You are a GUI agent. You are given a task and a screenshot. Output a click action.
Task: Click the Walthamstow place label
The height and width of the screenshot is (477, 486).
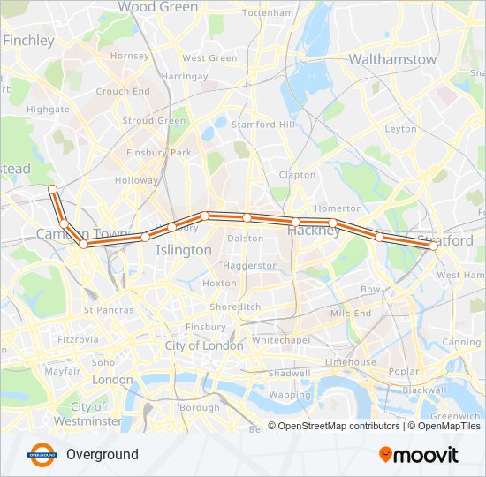[392, 59]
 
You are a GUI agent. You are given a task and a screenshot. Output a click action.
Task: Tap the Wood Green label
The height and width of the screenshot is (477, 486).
[158, 7]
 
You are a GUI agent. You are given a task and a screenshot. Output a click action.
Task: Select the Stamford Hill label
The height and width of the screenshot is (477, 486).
[262, 125]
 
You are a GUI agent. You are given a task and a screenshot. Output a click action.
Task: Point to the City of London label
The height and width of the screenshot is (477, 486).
[204, 345]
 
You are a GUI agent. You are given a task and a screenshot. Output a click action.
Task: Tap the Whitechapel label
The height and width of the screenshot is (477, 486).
[278, 339]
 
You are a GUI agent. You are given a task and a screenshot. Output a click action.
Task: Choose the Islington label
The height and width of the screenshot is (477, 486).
[184, 250]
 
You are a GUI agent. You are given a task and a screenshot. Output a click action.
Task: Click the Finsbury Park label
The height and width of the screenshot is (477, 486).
[158, 153]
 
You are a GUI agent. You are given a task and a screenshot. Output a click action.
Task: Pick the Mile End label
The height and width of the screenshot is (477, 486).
[350, 314]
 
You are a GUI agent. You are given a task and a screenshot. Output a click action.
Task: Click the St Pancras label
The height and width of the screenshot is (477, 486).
[109, 310]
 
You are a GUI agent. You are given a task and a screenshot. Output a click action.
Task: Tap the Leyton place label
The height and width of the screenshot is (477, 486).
[400, 129]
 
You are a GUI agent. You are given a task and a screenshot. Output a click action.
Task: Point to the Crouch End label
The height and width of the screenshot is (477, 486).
[123, 91]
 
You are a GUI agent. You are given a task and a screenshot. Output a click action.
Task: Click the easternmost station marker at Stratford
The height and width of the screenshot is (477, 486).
[434, 247]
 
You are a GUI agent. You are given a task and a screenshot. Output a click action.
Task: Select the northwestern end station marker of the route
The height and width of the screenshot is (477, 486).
[53, 189]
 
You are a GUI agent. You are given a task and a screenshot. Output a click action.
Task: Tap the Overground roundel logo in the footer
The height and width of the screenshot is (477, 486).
[42, 455]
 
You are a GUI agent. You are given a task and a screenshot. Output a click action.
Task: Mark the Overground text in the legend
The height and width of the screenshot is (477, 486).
[102, 455]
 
